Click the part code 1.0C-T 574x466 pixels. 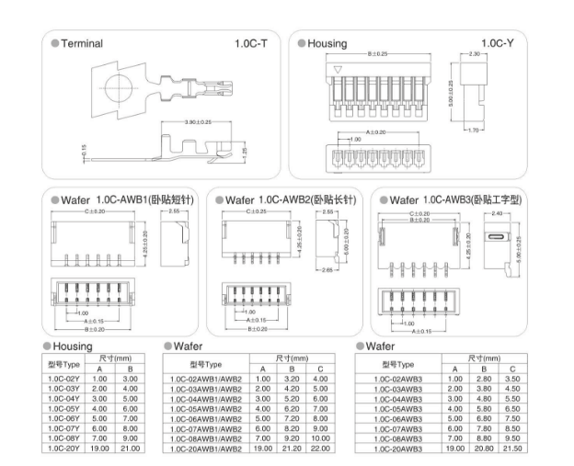pos(250,43)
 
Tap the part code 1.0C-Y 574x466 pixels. pos(496,43)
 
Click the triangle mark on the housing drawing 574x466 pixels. pos(338,69)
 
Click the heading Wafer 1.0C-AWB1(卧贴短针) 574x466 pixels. pos(127,199)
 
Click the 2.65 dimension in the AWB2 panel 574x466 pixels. pos(327,270)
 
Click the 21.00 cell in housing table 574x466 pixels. pos(130,449)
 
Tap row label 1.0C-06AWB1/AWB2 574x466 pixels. pos(206,418)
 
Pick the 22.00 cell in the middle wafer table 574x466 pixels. pos(321,449)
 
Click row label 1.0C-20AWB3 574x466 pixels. pos(397,449)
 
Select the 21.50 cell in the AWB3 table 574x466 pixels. pos(512,449)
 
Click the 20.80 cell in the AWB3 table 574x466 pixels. pos(483,449)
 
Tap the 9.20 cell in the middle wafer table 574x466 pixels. pos(292,438)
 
